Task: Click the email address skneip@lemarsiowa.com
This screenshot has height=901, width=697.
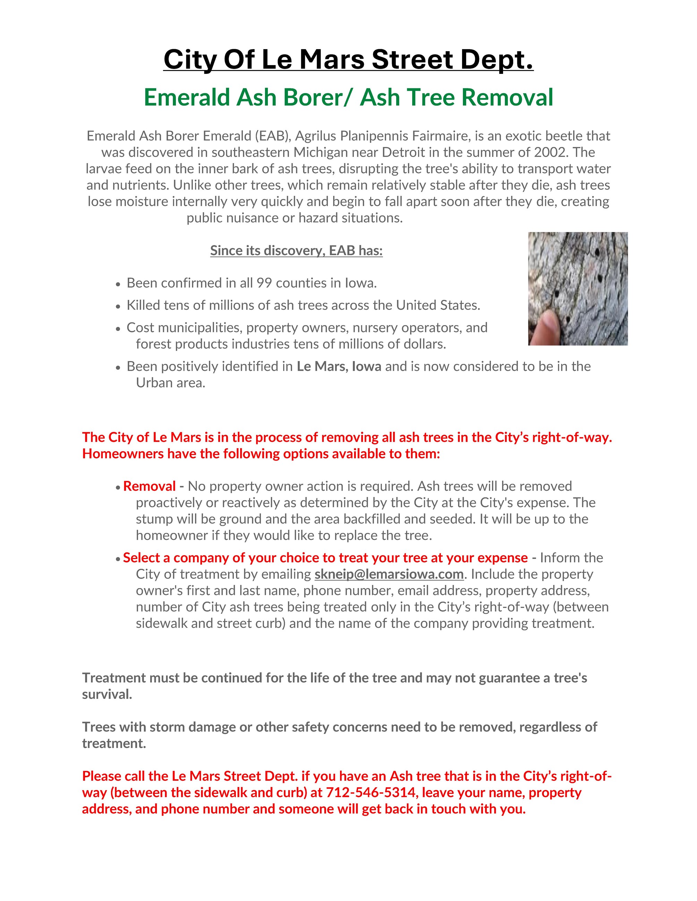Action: [389, 574]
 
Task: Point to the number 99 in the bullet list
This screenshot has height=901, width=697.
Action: [264, 283]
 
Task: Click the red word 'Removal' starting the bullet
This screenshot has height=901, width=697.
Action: [150, 487]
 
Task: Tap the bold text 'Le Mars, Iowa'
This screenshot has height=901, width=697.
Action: [339, 366]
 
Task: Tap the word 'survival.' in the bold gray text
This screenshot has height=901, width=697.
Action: [107, 694]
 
